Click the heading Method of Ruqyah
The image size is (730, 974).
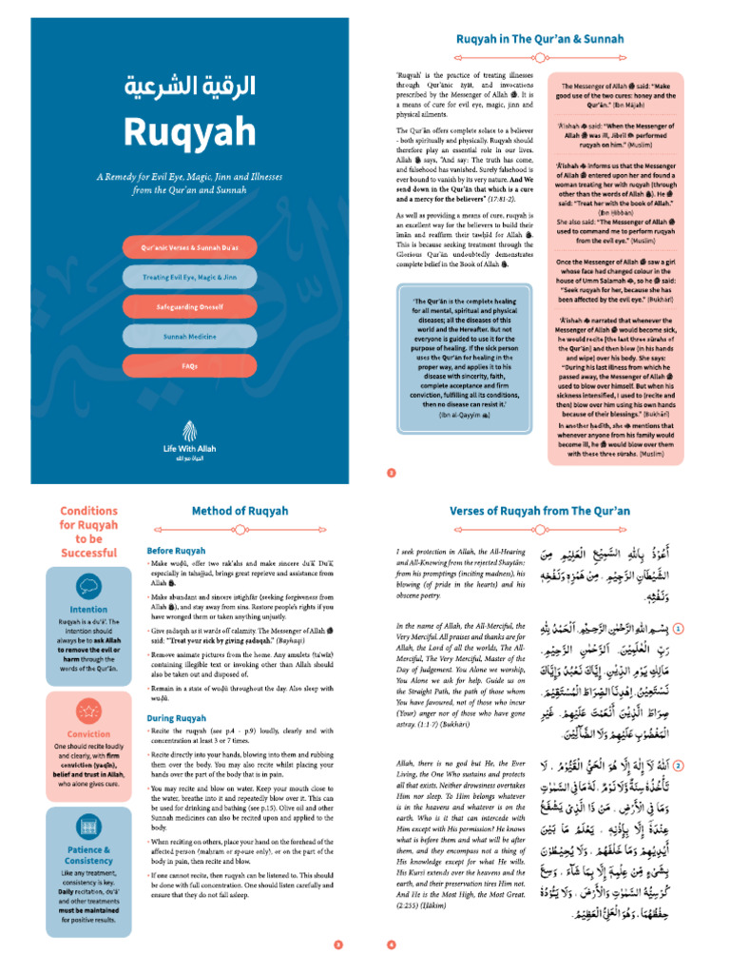240,511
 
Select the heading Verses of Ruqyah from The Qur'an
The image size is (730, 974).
539,511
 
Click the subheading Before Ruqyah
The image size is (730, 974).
177,551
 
